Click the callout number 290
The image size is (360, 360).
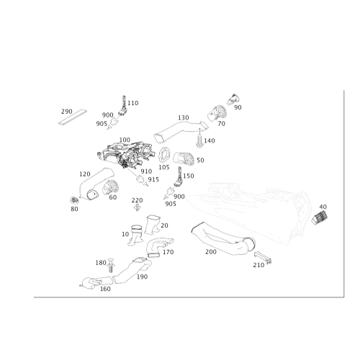coord(67,112)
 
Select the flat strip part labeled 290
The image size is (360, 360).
coord(73,117)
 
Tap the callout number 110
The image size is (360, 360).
coord(132,103)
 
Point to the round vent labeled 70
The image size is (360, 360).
coord(217,113)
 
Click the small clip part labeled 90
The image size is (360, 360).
coord(233,99)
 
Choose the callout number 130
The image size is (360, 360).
coord(184,117)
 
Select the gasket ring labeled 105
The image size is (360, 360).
coord(165,155)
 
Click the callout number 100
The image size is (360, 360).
coord(125,140)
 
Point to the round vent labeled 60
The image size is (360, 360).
coord(111,186)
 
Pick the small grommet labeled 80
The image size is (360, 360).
coord(74,200)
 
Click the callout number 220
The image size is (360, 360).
coord(137,200)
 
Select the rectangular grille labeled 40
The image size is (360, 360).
coord(320,217)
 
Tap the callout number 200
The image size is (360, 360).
coord(211,252)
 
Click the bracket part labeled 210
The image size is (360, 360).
coord(263,258)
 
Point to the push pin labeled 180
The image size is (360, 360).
coord(111,265)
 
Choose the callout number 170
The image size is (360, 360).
coord(168,252)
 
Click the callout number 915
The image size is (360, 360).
coord(153,179)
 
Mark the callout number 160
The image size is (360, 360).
coord(105,289)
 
